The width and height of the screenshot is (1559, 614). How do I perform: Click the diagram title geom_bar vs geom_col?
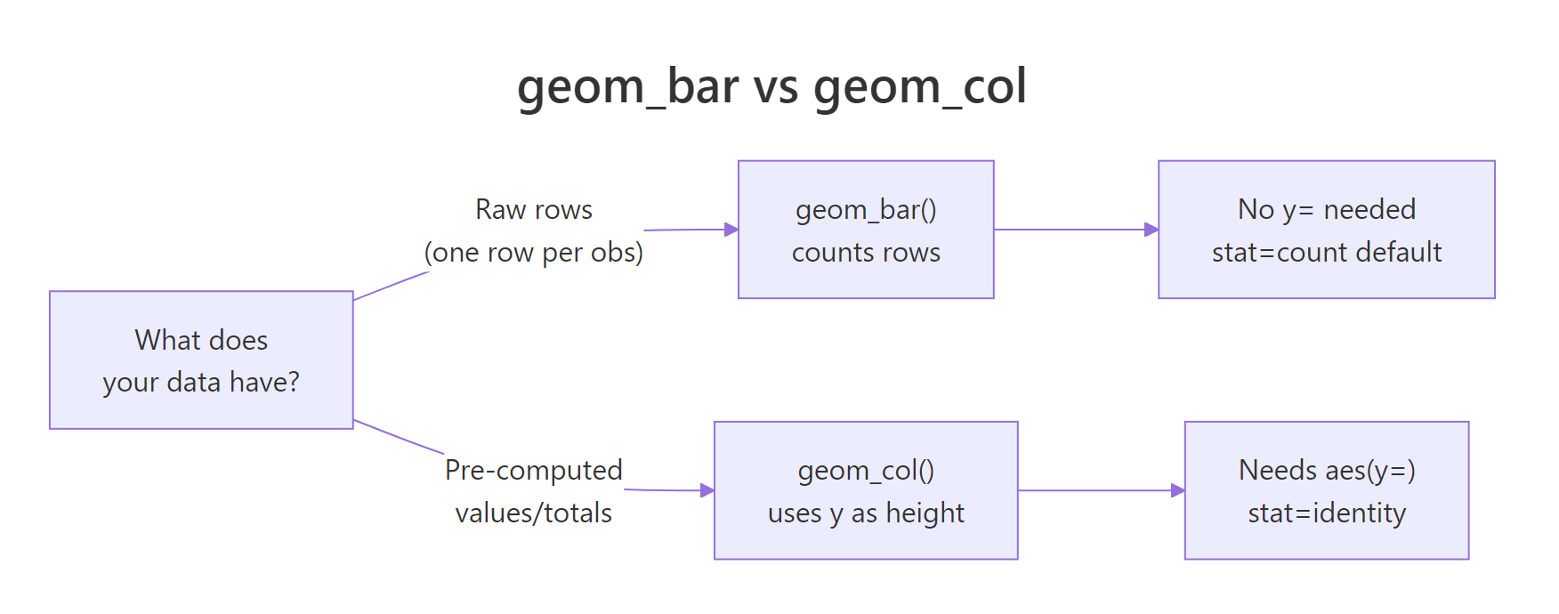(771, 86)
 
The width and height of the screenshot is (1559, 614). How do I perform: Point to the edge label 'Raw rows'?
(534, 209)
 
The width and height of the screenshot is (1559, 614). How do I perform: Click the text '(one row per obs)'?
(534, 253)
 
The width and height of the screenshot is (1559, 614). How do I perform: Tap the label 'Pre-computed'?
(534, 470)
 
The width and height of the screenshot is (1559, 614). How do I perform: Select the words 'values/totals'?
(534, 513)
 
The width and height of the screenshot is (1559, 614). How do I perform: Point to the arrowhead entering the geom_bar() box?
(731, 230)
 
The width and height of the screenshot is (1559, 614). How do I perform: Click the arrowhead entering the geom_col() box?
(707, 490)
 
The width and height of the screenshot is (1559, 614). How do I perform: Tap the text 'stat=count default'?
(1326, 253)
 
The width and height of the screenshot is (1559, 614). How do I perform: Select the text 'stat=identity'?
(1326, 513)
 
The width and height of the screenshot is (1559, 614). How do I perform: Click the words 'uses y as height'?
(865, 513)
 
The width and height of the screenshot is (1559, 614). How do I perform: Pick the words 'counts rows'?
(865, 253)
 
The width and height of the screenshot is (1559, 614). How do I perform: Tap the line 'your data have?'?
(201, 383)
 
